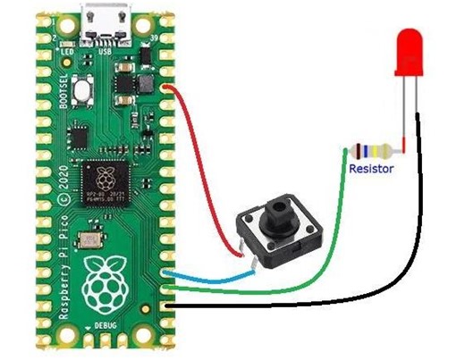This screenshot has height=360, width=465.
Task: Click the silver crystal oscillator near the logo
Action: (x=88, y=240)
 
